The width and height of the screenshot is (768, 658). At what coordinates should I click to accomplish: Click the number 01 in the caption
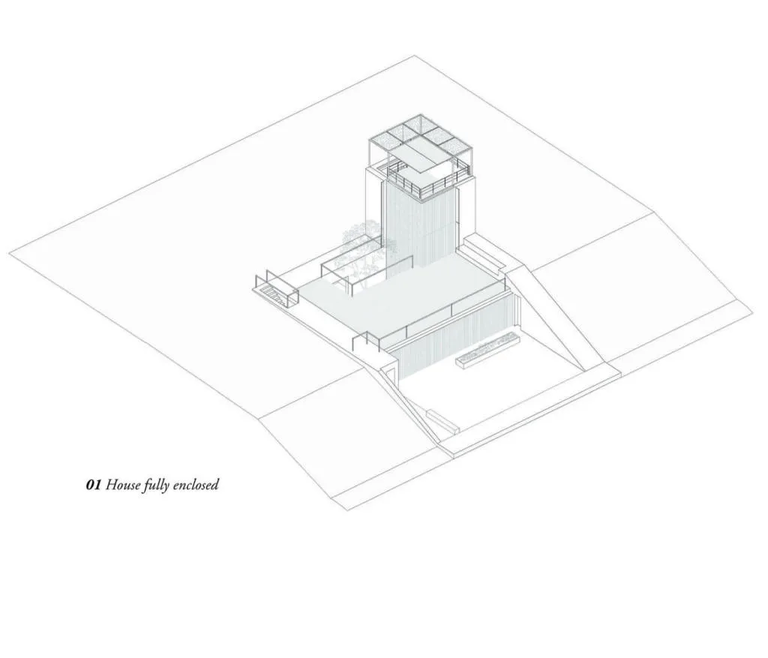(93, 485)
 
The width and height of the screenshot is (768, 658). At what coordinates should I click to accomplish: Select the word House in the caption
(123, 485)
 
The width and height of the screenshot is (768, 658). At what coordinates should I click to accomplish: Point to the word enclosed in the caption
(196, 485)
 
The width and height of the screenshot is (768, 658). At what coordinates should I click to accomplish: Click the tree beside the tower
(365, 252)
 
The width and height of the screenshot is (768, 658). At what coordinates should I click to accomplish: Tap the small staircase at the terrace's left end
(275, 293)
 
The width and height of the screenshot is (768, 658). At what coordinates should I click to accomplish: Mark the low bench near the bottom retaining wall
(443, 422)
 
